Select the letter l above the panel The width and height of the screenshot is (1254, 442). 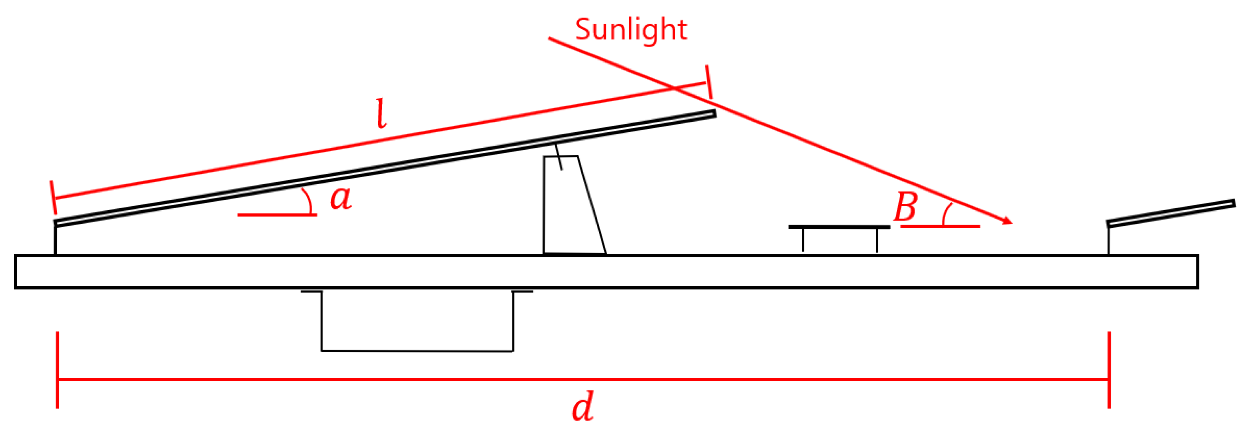pyautogui.click(x=382, y=114)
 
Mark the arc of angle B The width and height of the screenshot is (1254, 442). pyautogui.click(x=946, y=214)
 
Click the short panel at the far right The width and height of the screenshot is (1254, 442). pyautogui.click(x=1171, y=213)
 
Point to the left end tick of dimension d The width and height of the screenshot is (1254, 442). pyautogui.click(x=58, y=369)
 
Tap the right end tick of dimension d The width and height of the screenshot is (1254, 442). pyautogui.click(x=1109, y=369)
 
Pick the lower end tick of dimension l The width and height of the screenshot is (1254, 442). pyautogui.click(x=53, y=197)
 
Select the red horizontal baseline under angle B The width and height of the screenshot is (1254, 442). pyautogui.click(x=940, y=226)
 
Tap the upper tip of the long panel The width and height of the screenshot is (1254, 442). pyautogui.click(x=714, y=114)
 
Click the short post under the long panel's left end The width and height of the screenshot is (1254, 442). pyautogui.click(x=55, y=240)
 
